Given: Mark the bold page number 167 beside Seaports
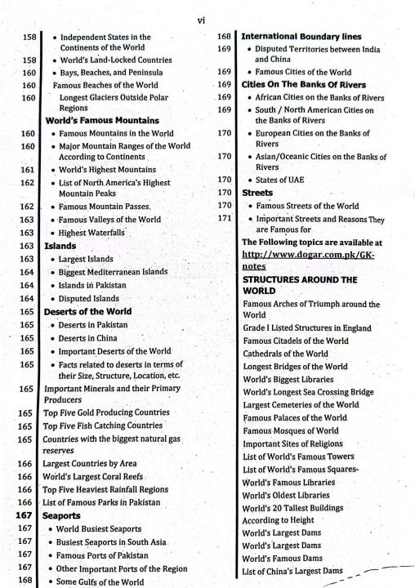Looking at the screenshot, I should click(25, 516).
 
